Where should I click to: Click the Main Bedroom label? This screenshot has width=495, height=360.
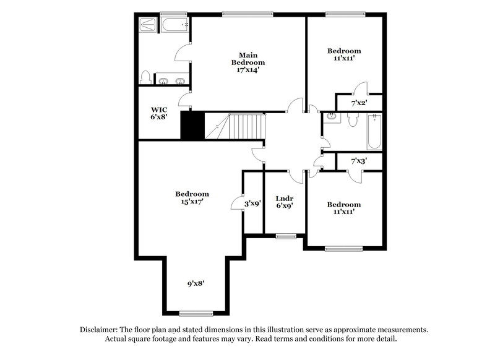pyautogui.click(x=248, y=58)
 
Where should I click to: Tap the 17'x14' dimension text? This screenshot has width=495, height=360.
pyautogui.click(x=248, y=70)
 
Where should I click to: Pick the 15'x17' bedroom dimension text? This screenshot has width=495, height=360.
pyautogui.click(x=191, y=201)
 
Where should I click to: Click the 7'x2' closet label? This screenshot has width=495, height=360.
pyautogui.click(x=359, y=103)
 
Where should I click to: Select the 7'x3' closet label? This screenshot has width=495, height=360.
pyautogui.click(x=359, y=161)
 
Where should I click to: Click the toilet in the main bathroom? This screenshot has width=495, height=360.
pyautogui.click(x=146, y=77)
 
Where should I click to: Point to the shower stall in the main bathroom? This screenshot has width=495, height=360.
pyautogui.click(x=149, y=25)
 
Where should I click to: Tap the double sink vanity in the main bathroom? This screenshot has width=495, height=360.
pyautogui.click(x=172, y=80)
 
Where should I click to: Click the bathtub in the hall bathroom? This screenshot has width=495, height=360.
pyautogui.click(x=374, y=132)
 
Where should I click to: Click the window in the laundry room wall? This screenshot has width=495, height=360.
pyautogui.click(x=285, y=235)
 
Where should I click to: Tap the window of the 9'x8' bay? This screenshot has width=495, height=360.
pyautogui.click(x=196, y=312)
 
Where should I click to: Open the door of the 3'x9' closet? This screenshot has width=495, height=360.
pyautogui.click(x=236, y=202)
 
